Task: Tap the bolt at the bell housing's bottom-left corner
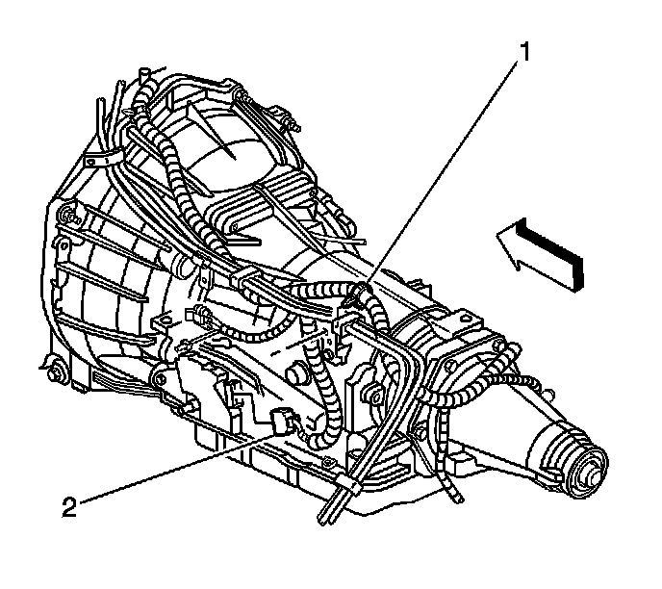(x=51, y=367)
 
